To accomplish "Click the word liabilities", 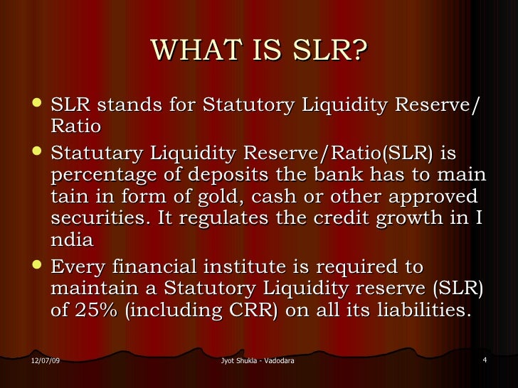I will point(421,310).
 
